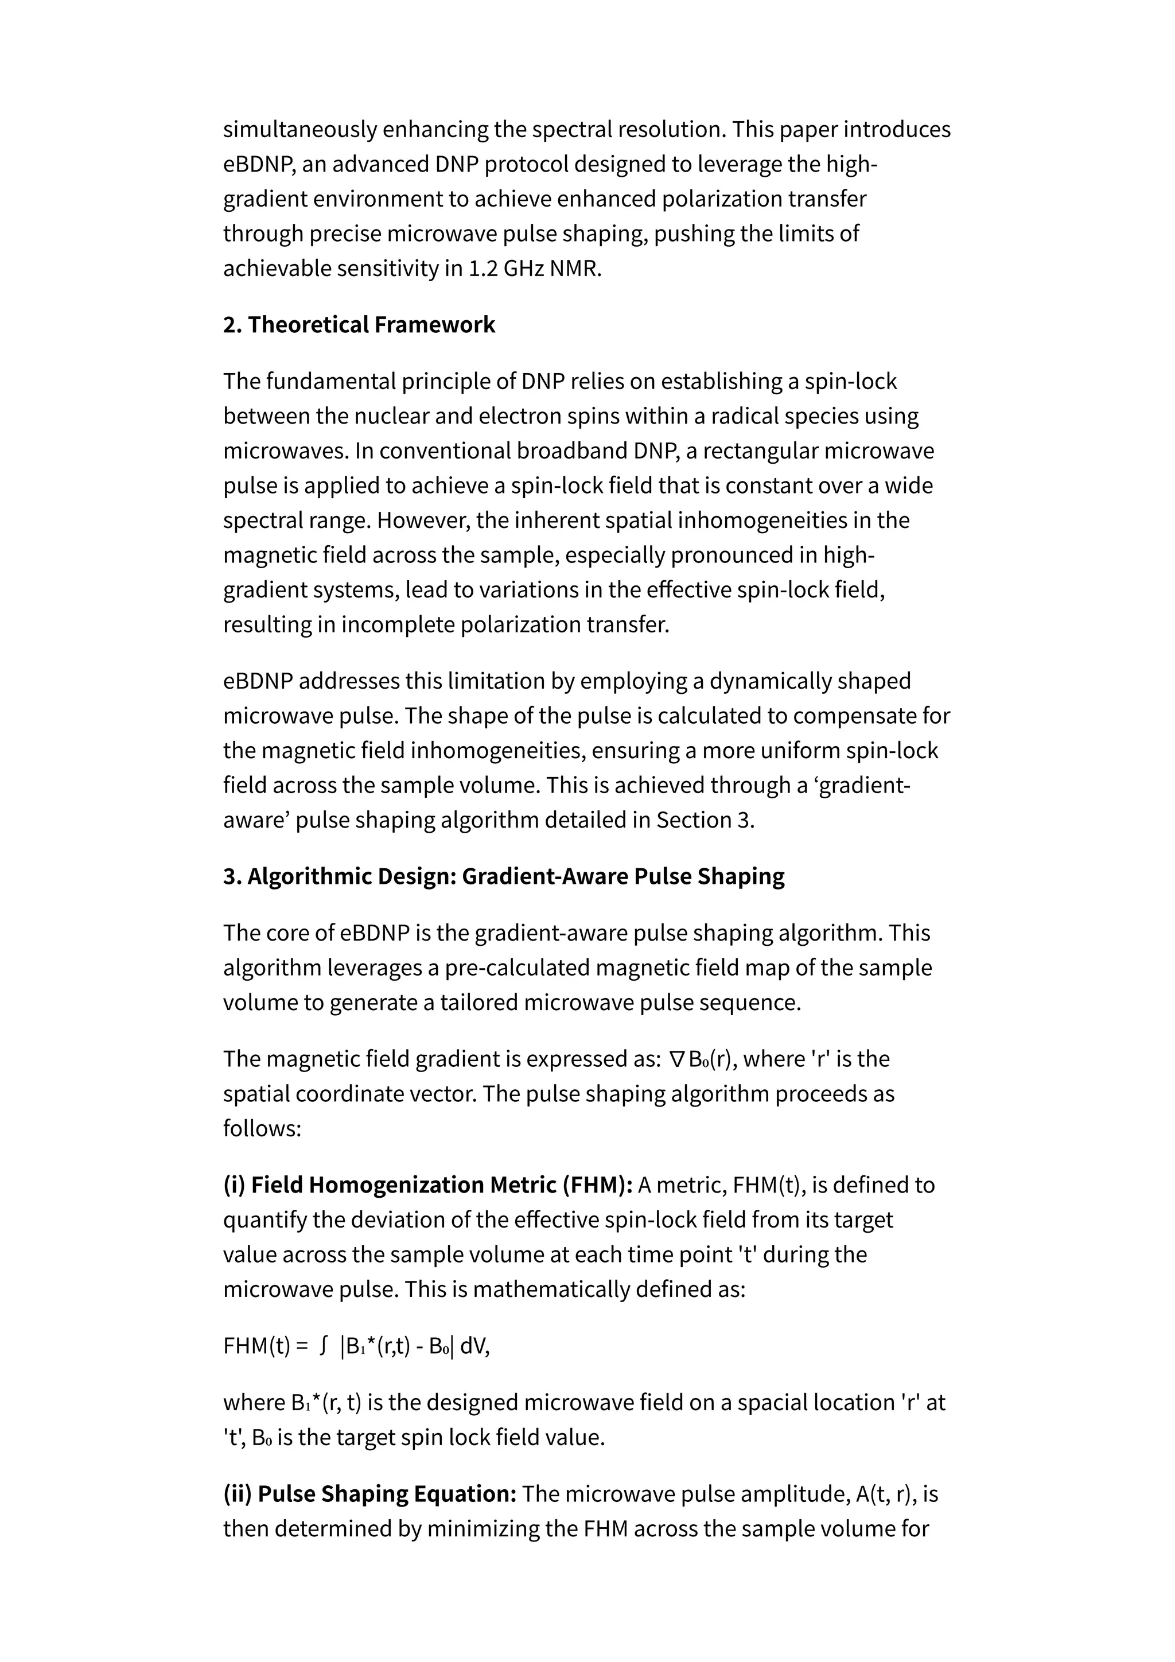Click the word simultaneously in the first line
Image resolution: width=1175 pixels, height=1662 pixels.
(x=299, y=130)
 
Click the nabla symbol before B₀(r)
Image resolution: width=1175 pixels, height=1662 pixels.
(x=676, y=1060)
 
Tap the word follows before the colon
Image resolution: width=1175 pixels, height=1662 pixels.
(x=258, y=1128)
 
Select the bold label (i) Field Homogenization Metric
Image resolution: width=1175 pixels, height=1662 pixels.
(x=427, y=1185)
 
